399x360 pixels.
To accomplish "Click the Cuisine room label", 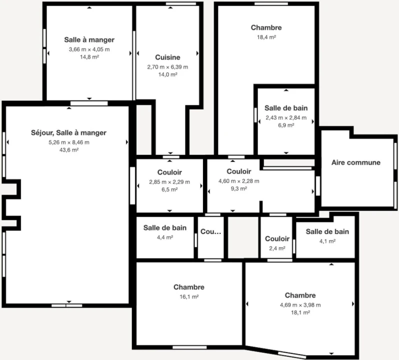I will pos(167,57).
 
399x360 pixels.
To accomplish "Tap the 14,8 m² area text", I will pos(89,57).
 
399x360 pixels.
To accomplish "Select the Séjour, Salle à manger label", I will pos(68,133).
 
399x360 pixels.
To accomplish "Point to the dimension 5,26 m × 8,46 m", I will pos(68,142).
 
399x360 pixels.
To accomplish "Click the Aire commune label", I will pos(356,162).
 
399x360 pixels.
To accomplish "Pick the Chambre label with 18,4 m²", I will pos(266,28).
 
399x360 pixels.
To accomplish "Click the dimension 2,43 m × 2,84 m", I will pos(286,117).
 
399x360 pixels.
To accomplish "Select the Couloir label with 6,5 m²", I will pos(169,172).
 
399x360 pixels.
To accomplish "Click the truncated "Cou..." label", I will pos(210,232).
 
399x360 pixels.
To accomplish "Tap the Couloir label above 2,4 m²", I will pos(277,239).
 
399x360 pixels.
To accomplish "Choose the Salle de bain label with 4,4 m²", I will pos(165,228).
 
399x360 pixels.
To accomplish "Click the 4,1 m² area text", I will pos(327,240).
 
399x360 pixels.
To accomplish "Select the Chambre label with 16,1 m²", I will pos(188,287).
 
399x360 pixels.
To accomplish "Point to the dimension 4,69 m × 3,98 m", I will pos(300,304).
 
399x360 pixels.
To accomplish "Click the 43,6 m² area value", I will pos(68,150).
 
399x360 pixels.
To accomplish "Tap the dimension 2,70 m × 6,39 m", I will pos(167,66).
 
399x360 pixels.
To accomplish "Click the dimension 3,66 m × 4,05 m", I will pos(89,49).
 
